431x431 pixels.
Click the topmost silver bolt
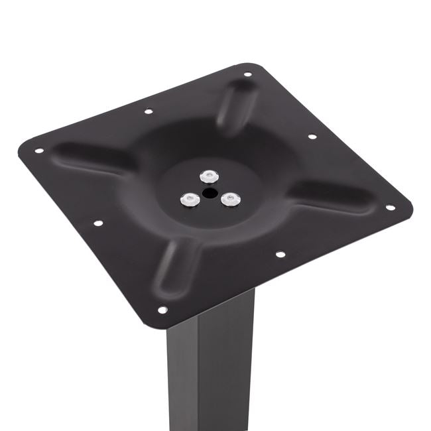[x=210, y=175]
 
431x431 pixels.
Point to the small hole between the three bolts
[x=210, y=193]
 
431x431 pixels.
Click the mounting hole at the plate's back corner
[x=248, y=74]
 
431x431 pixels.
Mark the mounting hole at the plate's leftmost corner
[x=38, y=151]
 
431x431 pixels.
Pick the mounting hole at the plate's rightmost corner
[x=391, y=207]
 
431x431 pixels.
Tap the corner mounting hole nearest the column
[x=162, y=310]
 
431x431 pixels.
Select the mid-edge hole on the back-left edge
[x=149, y=111]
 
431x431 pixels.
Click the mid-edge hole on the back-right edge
[x=312, y=137]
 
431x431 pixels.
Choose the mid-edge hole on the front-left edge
[x=98, y=223]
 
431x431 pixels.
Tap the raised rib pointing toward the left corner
[x=93, y=159]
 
